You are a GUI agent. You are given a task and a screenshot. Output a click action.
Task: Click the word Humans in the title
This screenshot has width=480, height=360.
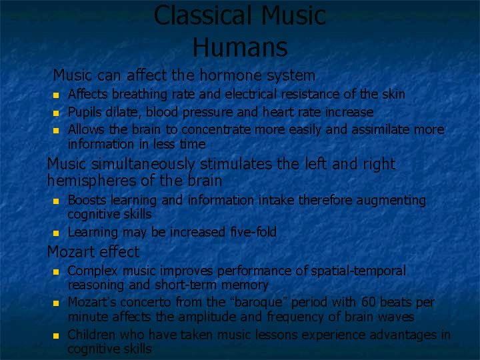240,47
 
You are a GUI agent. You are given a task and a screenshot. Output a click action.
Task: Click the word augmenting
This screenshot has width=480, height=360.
389,200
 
